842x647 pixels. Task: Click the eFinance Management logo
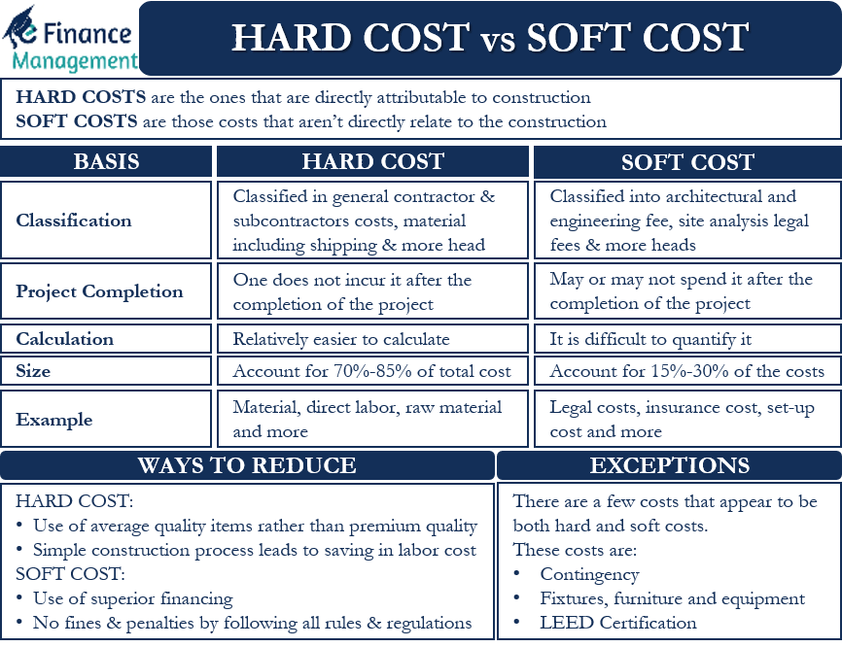pos(70,39)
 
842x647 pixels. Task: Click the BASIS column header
pos(106,162)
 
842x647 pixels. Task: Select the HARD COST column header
pos(372,162)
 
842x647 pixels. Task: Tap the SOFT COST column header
pos(687,162)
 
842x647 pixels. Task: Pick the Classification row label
pos(74,221)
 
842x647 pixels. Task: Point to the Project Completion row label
pos(99,291)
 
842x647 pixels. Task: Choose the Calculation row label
pos(64,339)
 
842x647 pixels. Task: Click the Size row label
pos(33,371)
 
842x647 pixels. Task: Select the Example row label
pos(54,420)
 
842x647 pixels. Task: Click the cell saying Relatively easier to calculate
pos(341,339)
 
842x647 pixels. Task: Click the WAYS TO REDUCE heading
pos(247,465)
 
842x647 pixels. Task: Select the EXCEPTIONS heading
pos(669,465)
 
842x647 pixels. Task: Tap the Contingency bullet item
pos(589,574)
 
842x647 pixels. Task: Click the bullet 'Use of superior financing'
pos(133,598)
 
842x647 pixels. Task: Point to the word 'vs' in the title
pos(497,39)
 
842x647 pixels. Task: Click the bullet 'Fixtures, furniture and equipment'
pos(672,598)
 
